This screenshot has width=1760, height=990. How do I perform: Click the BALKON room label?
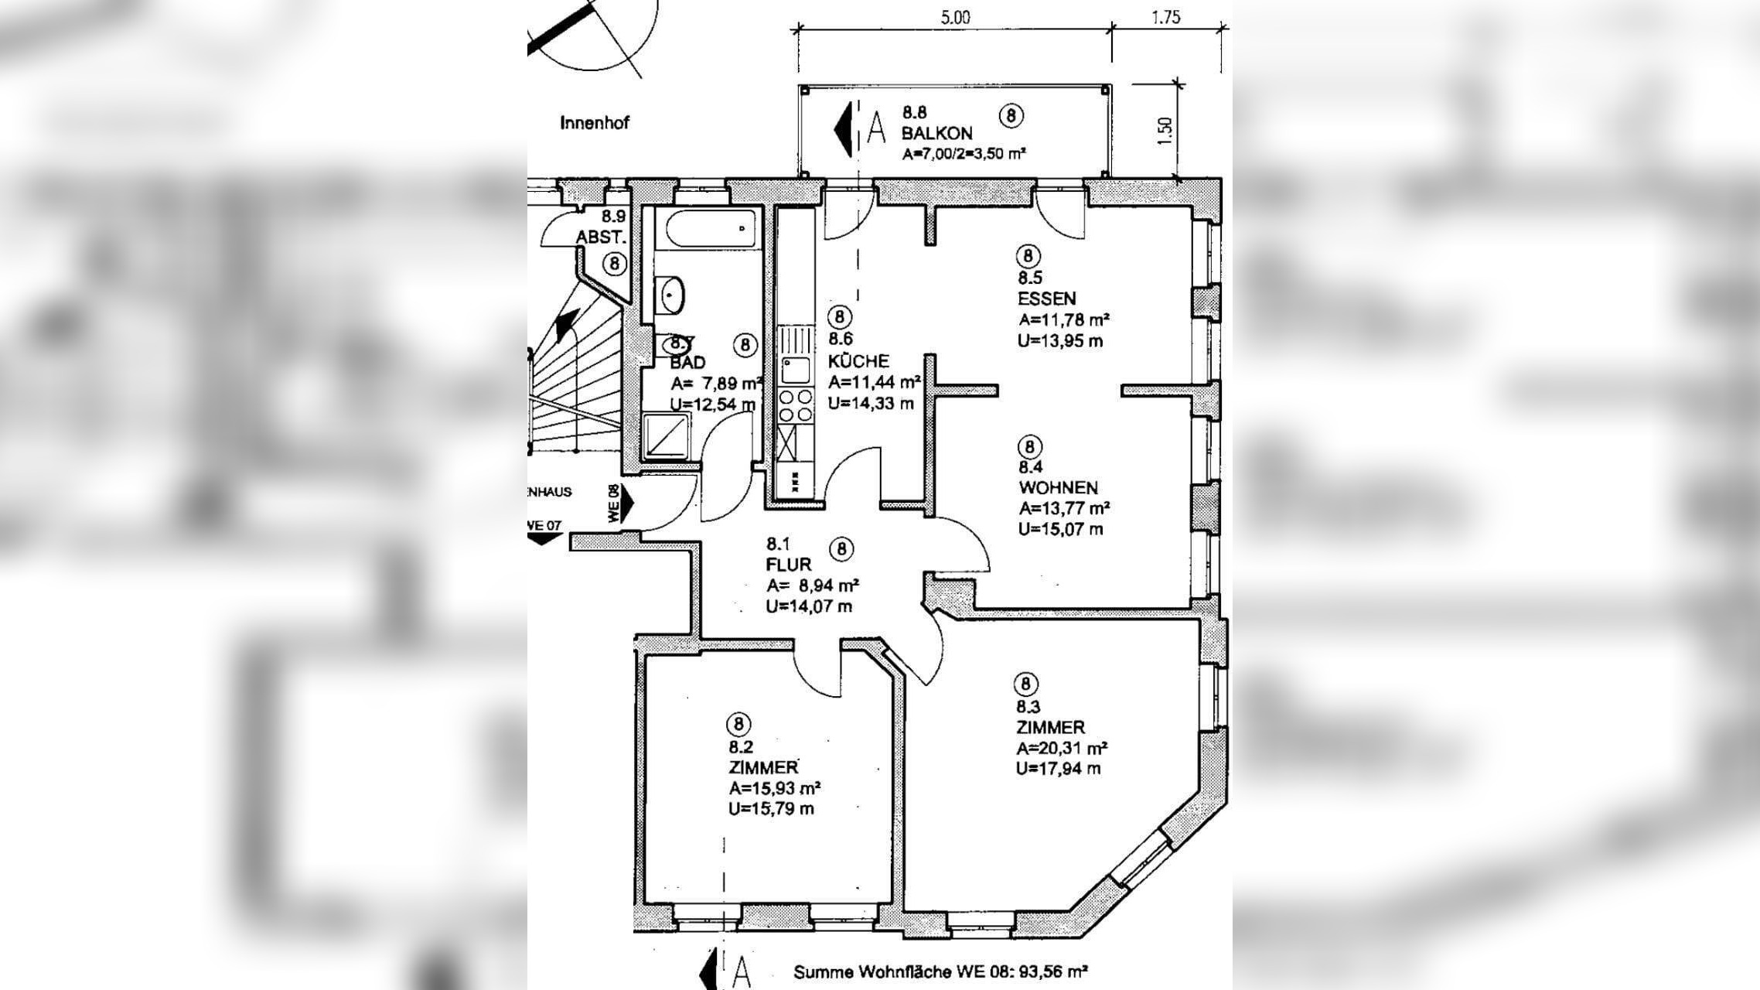936,133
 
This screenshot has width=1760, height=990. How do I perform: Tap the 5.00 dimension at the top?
955,17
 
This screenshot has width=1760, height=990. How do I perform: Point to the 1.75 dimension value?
1165,17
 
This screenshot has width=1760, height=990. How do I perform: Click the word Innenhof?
595,123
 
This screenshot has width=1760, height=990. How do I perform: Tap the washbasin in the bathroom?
670,295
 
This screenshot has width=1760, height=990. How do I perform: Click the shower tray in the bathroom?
666,435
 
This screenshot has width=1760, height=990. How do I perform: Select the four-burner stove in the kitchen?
796,405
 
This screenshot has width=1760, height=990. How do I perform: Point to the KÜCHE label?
858,361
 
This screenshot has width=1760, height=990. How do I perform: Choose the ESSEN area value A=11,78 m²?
1064,319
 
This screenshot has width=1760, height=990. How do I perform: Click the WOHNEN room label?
1058,488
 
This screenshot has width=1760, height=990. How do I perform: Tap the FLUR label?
789,565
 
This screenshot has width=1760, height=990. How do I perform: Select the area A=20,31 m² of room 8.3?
1061,748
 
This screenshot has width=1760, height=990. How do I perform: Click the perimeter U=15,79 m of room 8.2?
771,809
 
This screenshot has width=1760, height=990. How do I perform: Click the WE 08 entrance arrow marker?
626,503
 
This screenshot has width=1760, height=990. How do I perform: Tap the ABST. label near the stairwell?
599,237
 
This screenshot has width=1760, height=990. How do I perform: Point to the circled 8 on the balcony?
1011,115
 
